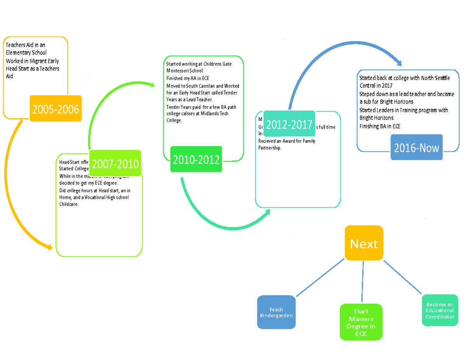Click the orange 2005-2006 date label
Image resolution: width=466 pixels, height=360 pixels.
(x=56, y=109)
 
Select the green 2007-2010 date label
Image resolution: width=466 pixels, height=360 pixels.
(x=115, y=164)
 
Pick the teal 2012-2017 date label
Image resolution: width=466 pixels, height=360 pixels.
(x=289, y=125)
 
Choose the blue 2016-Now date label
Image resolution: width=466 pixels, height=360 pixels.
(x=416, y=148)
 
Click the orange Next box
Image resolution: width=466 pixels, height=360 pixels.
(x=364, y=243)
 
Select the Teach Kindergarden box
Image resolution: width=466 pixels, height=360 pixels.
(x=276, y=313)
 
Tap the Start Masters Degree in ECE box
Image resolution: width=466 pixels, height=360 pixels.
(x=361, y=322)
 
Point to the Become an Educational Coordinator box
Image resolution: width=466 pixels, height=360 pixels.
(x=440, y=311)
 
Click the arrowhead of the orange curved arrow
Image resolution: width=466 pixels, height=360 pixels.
(x=49, y=247)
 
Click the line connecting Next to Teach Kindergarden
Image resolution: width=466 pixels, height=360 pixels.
(x=319, y=277)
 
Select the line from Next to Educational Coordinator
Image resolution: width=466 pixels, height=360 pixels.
(x=402, y=277)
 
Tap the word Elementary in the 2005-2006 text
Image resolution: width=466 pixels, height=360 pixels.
(x=18, y=52)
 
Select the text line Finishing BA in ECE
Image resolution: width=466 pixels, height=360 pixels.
(x=380, y=126)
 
